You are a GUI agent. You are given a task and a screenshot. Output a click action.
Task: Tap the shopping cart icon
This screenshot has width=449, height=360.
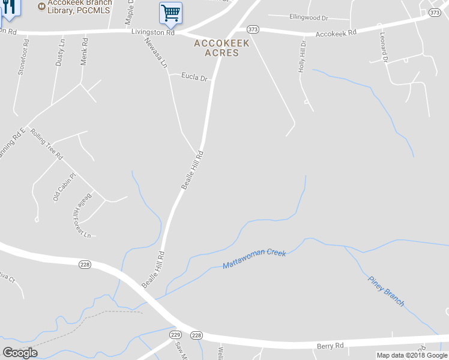click(170, 13)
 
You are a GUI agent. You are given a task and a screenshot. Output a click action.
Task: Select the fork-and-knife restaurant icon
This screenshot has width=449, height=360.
click(8, 8)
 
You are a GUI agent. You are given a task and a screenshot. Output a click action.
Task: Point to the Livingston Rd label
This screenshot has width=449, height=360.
click(154, 32)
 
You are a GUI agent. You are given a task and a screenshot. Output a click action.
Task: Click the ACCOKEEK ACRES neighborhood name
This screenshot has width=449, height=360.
click(221, 48)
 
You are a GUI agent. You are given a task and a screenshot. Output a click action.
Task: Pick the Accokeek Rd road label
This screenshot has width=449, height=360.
click(336, 32)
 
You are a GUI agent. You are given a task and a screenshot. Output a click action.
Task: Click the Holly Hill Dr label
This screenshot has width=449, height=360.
click(303, 57)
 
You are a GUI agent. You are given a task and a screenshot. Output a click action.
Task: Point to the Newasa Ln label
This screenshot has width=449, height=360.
click(155, 53)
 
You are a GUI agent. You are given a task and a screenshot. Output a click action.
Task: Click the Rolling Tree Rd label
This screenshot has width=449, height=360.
click(47, 144)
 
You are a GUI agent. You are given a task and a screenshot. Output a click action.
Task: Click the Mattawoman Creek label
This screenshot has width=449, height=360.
click(255, 259)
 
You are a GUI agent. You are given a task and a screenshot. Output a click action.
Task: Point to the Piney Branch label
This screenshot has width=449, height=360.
click(386, 290)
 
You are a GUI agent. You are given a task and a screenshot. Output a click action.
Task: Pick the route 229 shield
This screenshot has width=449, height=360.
click(175, 334)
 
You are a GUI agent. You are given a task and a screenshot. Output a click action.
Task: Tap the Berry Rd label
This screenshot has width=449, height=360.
click(330, 346)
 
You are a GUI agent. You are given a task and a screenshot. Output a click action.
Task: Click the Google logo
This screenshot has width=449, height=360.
click(20, 353)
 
